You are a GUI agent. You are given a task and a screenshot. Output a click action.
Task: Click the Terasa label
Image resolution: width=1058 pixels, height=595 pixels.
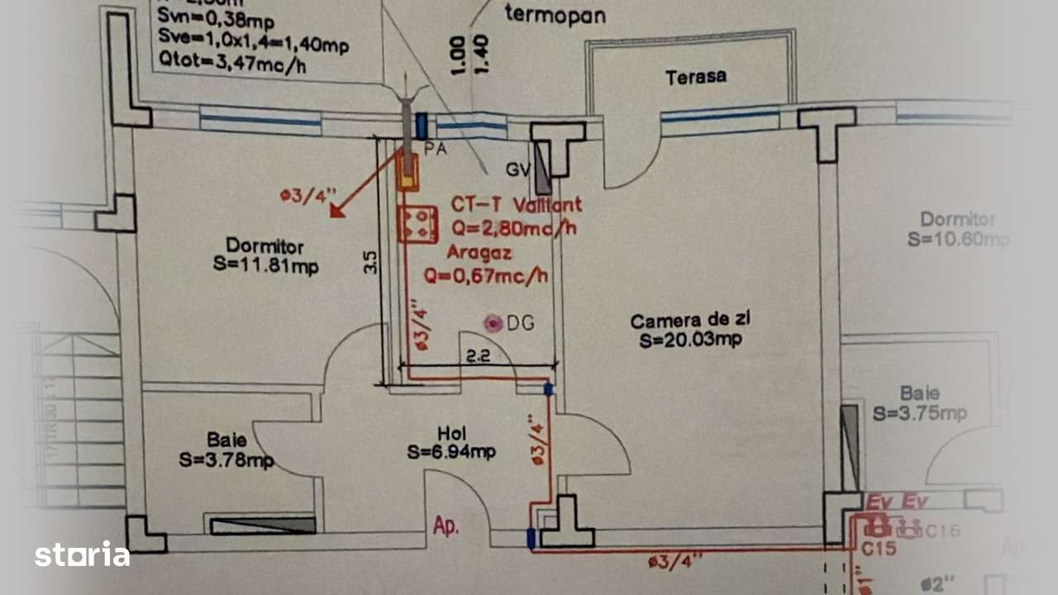[x=696, y=77]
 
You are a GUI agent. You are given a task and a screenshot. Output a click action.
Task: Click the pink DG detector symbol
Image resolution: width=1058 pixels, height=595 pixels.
[x=493, y=323]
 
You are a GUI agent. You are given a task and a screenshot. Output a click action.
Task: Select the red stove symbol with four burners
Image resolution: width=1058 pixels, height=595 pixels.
[x=417, y=225]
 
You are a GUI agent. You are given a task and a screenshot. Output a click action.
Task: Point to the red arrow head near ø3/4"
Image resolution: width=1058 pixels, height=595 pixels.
[x=336, y=211]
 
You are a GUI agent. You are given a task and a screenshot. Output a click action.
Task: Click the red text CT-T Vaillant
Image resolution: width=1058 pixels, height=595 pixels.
[x=516, y=204]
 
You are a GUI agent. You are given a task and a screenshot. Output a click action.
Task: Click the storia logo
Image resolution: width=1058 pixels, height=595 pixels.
[x=82, y=554]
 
